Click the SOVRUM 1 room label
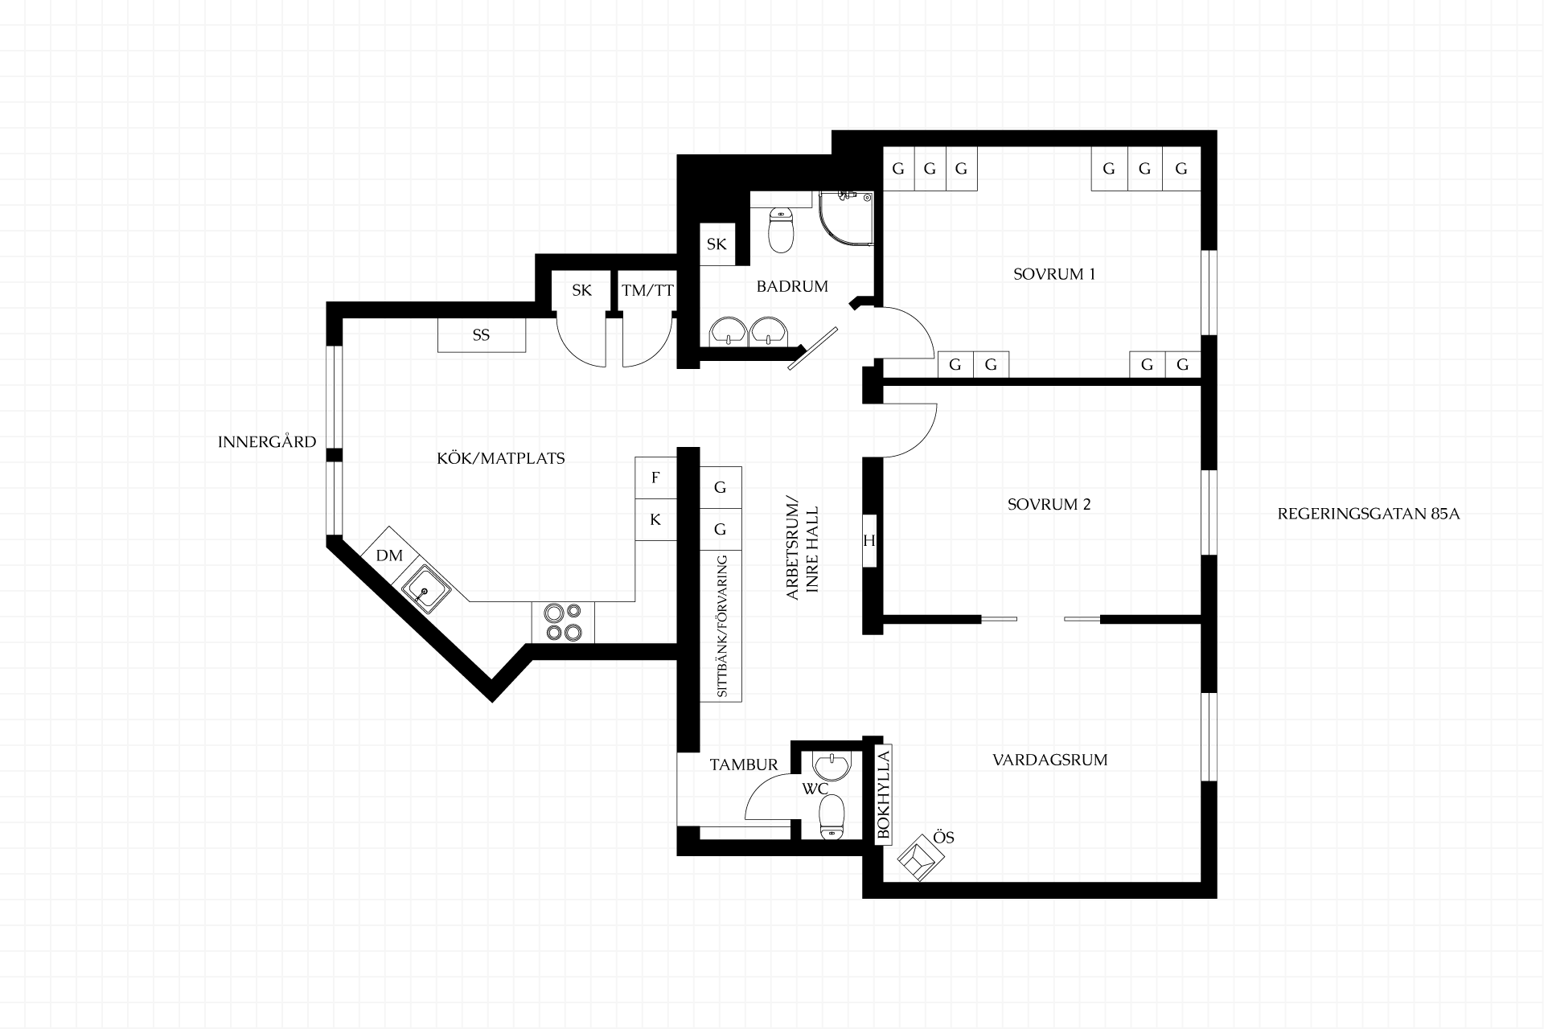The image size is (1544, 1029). pos(1054,274)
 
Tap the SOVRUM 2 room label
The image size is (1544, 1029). pos(1049,505)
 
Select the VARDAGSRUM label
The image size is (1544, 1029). pos(1050,760)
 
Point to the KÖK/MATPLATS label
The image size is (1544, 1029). pos(501,458)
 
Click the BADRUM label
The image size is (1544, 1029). pos(792,286)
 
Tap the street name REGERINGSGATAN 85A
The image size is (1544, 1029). pos(1369,514)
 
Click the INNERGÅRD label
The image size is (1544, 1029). pos(267,442)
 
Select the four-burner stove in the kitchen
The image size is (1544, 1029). pos(563,622)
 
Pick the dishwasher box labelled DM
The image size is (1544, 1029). pos(389,555)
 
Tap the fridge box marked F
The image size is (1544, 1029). pos(655,478)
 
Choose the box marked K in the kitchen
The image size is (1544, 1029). pos(655,519)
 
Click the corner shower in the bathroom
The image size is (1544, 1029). pos(846,217)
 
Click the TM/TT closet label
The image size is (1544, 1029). pos(647,291)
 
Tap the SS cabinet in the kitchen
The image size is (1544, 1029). pos(482,335)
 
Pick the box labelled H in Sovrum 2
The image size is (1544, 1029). pos(869,541)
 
